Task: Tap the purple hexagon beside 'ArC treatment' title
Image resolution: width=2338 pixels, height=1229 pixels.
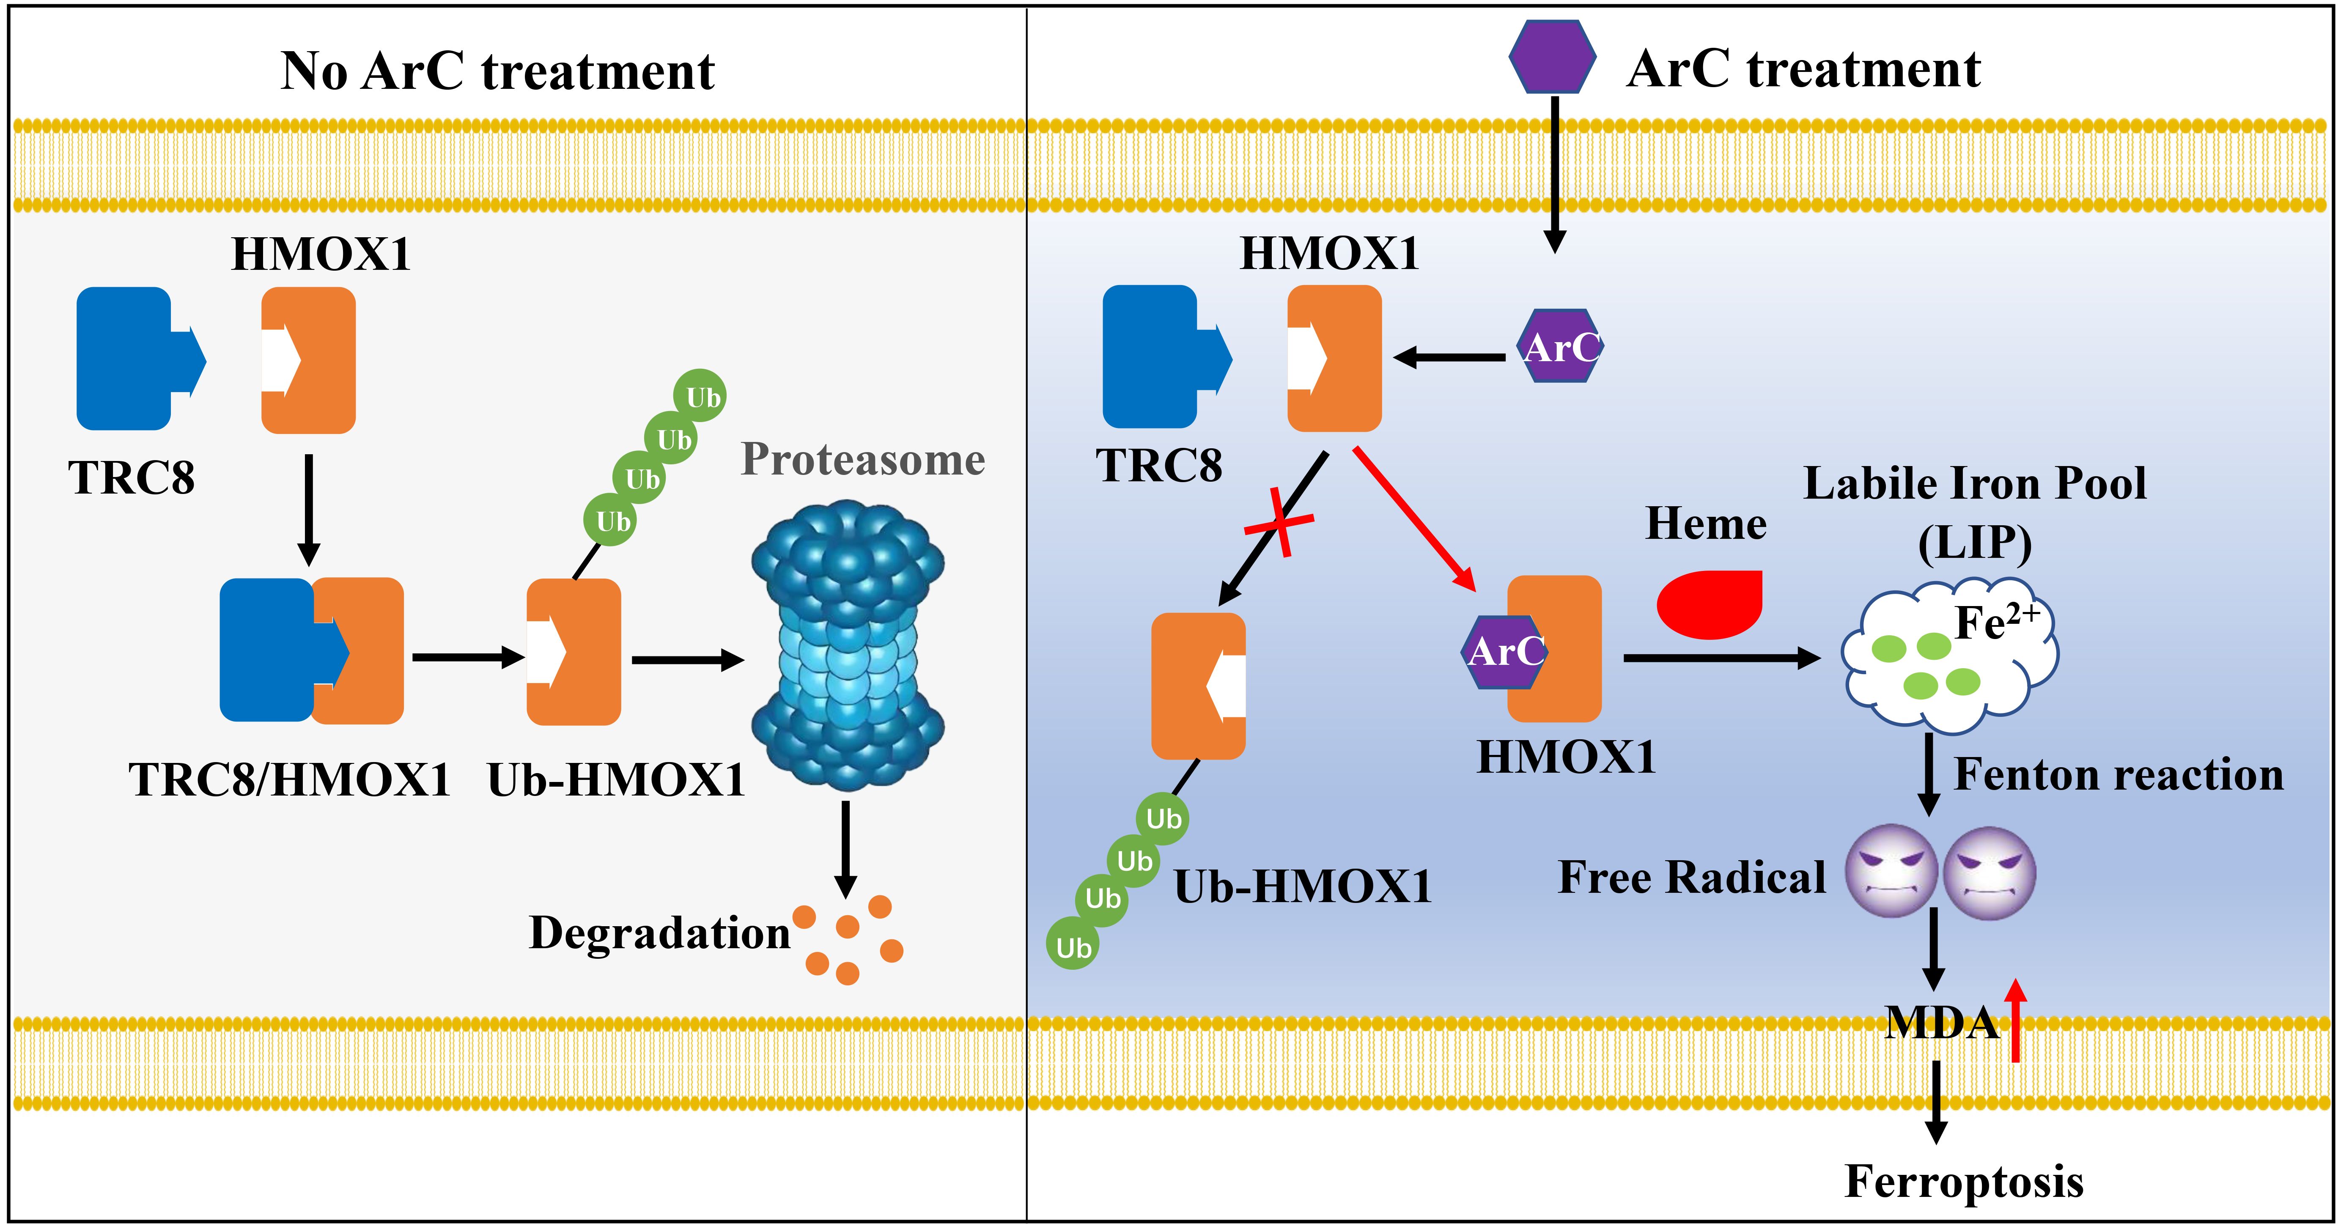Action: [x=1552, y=56]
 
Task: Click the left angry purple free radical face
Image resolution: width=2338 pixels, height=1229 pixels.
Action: [x=1892, y=871]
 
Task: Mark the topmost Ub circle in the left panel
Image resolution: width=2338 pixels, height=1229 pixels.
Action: [x=700, y=396]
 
